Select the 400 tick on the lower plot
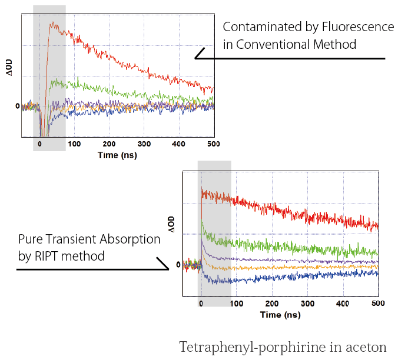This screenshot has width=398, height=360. click(343, 303)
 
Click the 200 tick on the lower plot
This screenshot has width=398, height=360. click(272, 303)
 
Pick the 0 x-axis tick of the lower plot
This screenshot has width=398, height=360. click(201, 303)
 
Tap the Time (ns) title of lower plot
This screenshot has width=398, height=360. click(280, 315)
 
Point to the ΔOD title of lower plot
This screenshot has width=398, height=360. click(171, 225)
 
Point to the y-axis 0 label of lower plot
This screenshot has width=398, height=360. click(178, 265)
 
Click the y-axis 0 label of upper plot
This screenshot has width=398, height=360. click(18, 106)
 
